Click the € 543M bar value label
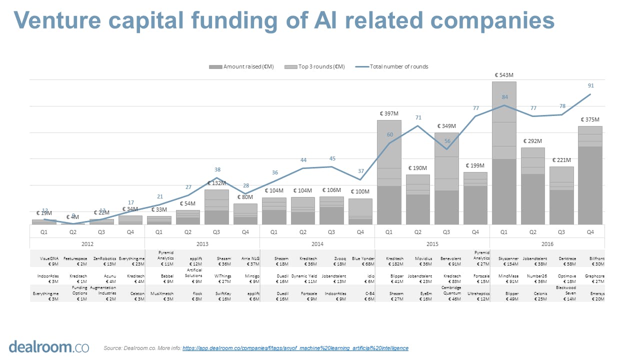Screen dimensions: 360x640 (x=503, y=75)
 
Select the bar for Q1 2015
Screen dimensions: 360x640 (x=389, y=172)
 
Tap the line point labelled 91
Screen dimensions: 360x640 (x=590, y=94)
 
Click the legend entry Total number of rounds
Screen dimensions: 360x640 (x=398, y=66)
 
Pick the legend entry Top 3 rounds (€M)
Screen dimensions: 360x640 (x=314, y=66)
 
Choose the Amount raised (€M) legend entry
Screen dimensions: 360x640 (x=243, y=66)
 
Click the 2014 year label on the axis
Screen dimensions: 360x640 (x=317, y=244)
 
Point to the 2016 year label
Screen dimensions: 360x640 (x=547, y=244)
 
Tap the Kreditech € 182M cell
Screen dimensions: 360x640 (x=389, y=261)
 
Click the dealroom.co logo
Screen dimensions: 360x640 (x=48, y=346)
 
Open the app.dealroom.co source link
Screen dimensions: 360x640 (x=295, y=348)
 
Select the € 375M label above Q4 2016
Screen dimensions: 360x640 (x=590, y=119)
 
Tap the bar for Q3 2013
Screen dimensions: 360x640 (x=216, y=207)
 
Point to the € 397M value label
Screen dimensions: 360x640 (x=388, y=113)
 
